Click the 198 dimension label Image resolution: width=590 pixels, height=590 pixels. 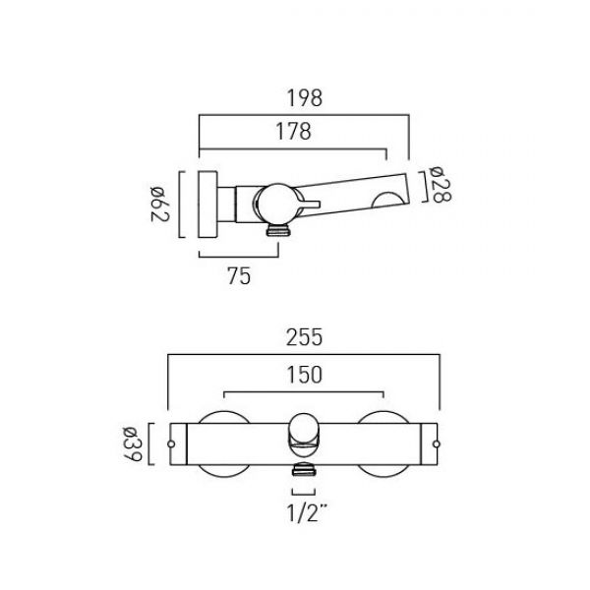coord(305,98)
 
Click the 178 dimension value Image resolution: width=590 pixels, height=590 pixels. coord(293,132)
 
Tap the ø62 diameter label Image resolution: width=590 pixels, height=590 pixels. coord(160,204)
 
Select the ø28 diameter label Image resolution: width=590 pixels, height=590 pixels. coord(440,185)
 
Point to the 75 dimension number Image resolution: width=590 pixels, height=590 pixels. coord(239,275)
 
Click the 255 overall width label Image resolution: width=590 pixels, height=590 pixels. coord(304,337)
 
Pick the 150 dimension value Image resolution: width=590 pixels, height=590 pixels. coord(305,375)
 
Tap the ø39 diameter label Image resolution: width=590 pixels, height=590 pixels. coord(133,444)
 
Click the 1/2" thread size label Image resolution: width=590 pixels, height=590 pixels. coord(307,512)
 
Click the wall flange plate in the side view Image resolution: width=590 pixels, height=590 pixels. coord(208,205)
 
